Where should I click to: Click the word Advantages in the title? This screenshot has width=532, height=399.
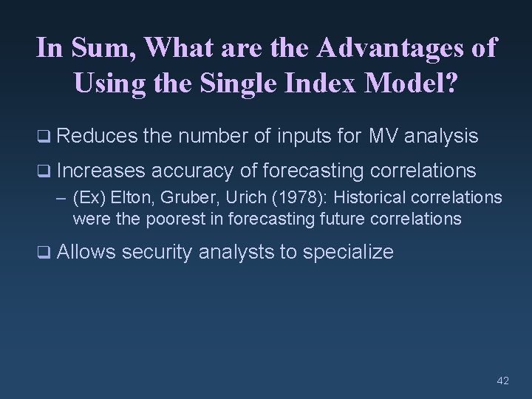click(389, 49)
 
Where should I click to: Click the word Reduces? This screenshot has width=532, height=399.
click(97, 136)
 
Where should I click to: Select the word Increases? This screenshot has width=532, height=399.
click(101, 171)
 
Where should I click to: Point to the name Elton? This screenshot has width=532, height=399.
click(131, 199)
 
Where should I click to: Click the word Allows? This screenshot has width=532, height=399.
click(86, 253)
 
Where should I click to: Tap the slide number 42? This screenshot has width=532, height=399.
click(503, 381)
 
